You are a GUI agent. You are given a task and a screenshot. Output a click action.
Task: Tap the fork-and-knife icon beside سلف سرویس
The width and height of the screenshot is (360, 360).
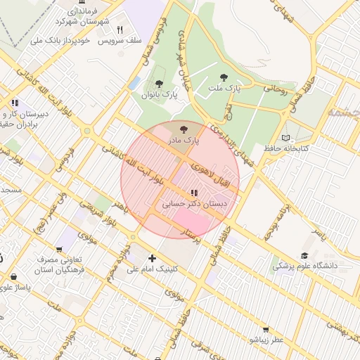[120, 30]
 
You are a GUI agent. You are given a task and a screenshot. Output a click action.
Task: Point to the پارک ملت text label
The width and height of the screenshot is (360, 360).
[224, 89]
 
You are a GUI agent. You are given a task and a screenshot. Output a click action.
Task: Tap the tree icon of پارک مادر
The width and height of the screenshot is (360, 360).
[184, 129]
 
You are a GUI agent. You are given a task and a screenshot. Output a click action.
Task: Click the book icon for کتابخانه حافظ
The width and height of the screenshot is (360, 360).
[285, 138]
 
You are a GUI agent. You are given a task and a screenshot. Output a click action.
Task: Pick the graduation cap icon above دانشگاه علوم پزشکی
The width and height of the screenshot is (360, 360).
[304, 255]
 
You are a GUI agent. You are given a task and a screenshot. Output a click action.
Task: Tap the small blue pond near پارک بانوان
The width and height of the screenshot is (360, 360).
[134, 83]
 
